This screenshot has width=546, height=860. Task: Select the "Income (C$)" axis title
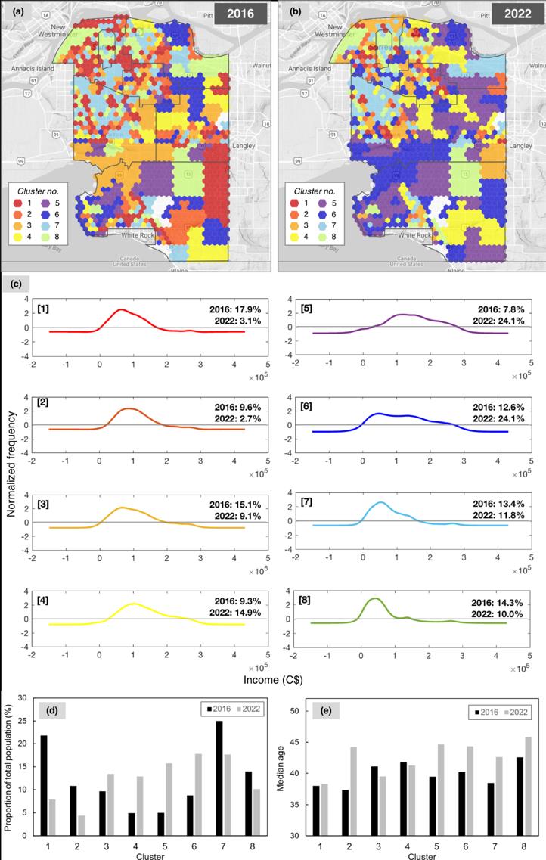coord(273,679)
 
